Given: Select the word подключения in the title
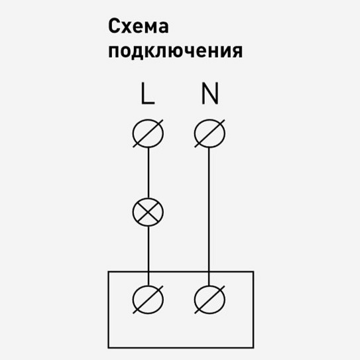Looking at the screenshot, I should click(175, 50).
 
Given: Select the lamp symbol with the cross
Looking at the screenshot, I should click(148, 212).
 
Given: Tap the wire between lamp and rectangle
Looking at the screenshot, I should click(148, 249).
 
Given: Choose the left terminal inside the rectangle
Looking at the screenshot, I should click(148, 300).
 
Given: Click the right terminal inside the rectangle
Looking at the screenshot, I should click(210, 300).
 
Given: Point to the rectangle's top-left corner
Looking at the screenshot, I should click(109, 271).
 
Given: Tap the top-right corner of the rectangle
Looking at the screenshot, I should click(253, 271).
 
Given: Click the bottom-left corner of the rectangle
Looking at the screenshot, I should click(109, 347).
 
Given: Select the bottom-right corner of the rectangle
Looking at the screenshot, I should click(253, 347).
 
